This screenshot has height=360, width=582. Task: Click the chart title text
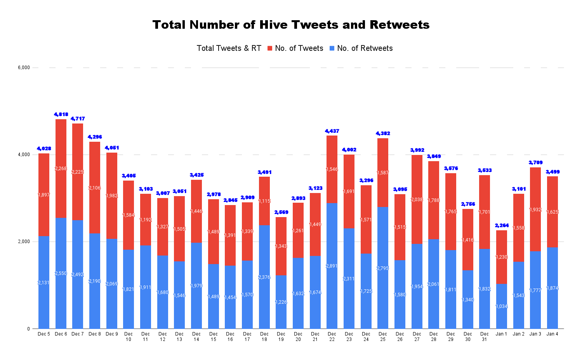(291, 25)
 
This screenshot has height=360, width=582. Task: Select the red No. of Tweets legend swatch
(270, 48)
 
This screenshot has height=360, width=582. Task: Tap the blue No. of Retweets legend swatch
(332, 48)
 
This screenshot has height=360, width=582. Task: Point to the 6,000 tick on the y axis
(24, 68)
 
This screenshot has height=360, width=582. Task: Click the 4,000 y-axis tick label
(24, 155)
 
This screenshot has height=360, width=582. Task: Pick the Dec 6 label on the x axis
(61, 334)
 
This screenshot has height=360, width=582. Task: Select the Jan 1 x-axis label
(501, 334)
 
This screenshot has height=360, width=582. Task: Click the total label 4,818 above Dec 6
(61, 115)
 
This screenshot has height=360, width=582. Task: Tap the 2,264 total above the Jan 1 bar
(501, 226)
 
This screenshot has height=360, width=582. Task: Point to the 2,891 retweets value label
(332, 266)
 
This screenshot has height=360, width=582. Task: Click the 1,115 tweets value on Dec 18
(264, 201)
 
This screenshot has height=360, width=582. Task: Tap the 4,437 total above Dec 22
(332, 131)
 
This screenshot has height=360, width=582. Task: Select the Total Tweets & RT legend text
(229, 48)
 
